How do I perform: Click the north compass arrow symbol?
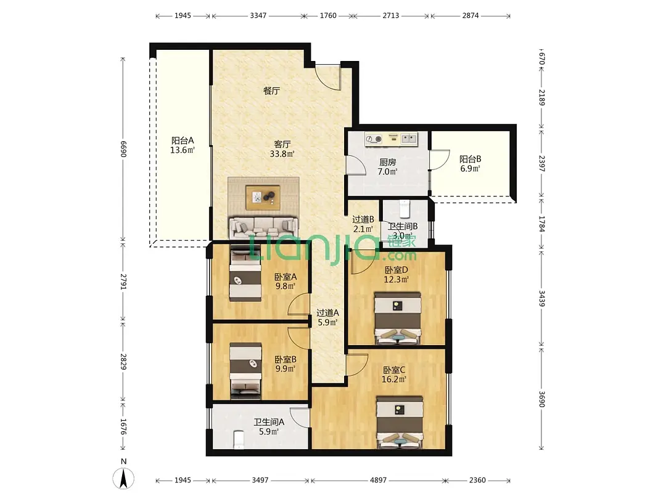[x=123, y=478]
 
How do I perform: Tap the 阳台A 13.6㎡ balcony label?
[x=183, y=145]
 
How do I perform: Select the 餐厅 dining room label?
[x=271, y=91]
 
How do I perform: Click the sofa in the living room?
[x=263, y=229]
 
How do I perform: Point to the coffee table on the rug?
[x=263, y=197]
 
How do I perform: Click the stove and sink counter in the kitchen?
[x=391, y=139]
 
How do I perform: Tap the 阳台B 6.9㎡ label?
[x=470, y=164]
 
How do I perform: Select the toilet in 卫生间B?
[x=404, y=208]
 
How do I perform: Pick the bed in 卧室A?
[x=245, y=275]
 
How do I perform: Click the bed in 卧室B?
[x=245, y=371]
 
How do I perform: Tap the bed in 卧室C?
[x=399, y=422]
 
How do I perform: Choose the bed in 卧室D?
[x=398, y=318]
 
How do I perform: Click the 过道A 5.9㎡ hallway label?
[x=327, y=317]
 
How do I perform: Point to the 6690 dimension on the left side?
[x=123, y=149]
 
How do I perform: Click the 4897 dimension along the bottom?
[x=378, y=481]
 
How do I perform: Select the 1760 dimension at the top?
[x=328, y=15]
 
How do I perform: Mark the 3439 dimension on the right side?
[x=541, y=298]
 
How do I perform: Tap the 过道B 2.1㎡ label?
[x=363, y=224]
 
